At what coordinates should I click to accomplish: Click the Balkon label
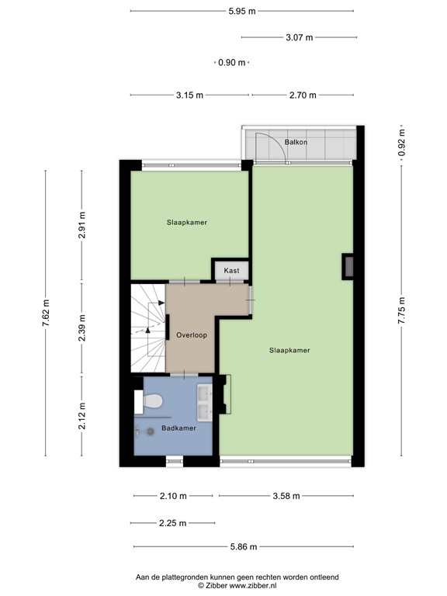pos(296,142)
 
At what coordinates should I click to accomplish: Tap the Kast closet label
pos(231,271)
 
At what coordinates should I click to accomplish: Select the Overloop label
pos(192,335)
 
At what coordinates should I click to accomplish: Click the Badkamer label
pos(178,428)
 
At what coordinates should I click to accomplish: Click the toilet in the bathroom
pos(149,401)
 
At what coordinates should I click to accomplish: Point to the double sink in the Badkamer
pos(205,403)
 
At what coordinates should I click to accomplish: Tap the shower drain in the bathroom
pos(151,431)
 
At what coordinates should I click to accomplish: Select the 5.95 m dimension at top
pos(242,12)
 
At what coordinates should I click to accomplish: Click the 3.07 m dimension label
pos(299,37)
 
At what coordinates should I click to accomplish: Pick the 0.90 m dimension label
pos(231,62)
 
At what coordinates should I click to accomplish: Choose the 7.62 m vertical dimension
pos(46,313)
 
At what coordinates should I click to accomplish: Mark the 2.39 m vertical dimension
pos(82,327)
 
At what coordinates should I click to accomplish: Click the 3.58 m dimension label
pos(286,496)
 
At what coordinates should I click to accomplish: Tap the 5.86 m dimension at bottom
pos(244,546)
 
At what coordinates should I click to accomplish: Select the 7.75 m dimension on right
pos(401,310)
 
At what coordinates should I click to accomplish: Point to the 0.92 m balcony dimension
pos(401,142)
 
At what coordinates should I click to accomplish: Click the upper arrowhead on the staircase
pos(161,303)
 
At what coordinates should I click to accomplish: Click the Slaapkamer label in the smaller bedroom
pos(187,223)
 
